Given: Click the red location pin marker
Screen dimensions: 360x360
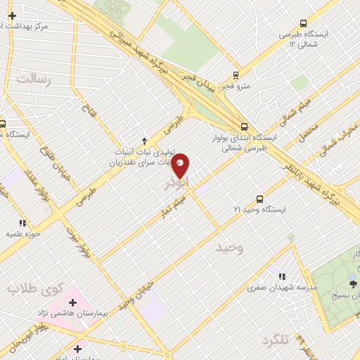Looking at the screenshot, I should tap(181, 165).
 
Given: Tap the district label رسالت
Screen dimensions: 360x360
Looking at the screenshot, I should tap(34, 79).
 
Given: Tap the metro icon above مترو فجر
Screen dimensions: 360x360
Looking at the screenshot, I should tap(235, 75).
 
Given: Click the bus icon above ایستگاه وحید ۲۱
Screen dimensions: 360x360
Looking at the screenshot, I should tap(259, 198).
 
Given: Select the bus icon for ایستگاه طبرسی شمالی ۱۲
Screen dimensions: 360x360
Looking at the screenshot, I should tap(302, 22).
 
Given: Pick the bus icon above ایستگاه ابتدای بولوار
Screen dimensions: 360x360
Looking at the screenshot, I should tap(244, 127).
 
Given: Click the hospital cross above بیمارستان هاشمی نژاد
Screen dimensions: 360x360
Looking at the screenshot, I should tap(73, 302).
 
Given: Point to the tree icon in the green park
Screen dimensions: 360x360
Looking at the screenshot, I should tap(353, 283).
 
